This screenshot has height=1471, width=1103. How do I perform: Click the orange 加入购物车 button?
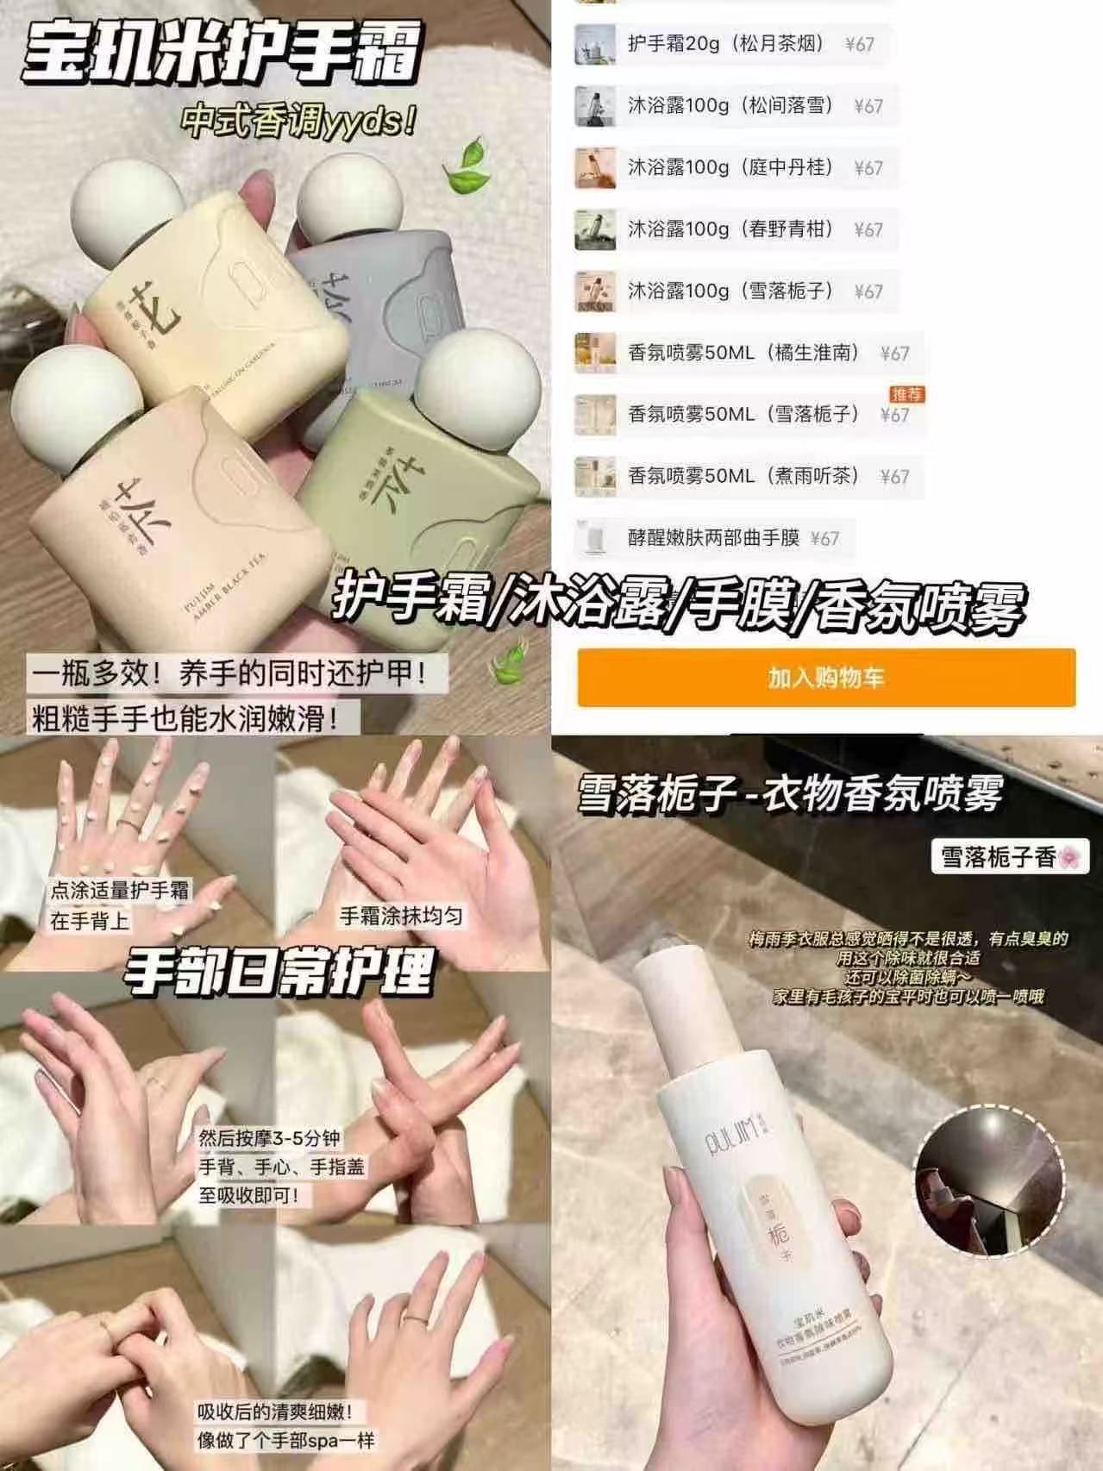click(826, 678)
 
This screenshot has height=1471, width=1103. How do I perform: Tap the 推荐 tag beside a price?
click(906, 394)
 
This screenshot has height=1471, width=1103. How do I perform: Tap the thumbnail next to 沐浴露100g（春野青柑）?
click(595, 229)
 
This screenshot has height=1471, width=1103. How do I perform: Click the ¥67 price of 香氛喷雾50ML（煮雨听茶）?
click(894, 477)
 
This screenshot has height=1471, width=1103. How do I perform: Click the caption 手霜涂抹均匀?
click(401, 916)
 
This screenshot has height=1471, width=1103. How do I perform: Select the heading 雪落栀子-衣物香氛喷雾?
click(790, 792)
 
